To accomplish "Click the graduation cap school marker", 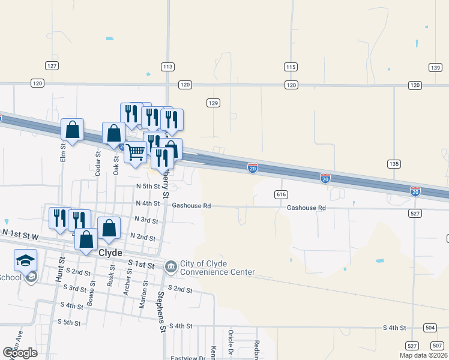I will coord(26,259).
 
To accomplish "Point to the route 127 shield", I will coord(52,65).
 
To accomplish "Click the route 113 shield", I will coord(167,67).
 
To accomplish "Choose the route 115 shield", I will coord(291,67).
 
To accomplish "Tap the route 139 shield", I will coord(435,67).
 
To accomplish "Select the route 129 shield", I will coord(213,103).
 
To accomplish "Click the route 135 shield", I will coord(394,164).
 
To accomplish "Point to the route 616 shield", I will coord(282,194).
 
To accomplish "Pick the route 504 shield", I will coord(430,328).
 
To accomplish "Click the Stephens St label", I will coord(161,311).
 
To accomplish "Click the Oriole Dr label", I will coord(231,343).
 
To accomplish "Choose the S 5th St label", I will coord(69,323).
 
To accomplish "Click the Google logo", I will coord(20,353).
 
